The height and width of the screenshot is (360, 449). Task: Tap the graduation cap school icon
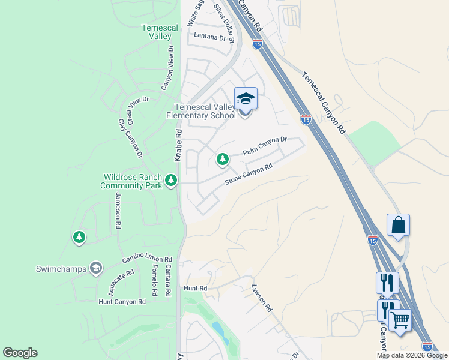coord(246,98)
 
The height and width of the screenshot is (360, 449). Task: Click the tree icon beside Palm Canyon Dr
coord(223,160)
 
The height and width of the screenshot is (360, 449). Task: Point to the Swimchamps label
coord(61,268)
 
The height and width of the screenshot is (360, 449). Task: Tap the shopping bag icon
coord(398,226)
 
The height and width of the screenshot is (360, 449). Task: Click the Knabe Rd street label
coord(178,146)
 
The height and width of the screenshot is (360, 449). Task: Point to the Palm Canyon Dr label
coord(265,146)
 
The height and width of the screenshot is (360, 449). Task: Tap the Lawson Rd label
coord(262,298)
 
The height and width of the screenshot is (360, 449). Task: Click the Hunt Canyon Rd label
coord(122,302)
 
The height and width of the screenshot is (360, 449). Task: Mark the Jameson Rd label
coord(118,211)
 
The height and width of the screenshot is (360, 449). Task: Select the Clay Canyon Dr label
coord(130,137)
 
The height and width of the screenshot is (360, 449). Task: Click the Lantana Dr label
coord(213,36)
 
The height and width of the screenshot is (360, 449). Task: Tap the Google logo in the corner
coord(20,353)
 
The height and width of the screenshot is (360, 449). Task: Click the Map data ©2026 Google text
coord(411,355)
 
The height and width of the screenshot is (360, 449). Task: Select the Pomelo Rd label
coord(154,280)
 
